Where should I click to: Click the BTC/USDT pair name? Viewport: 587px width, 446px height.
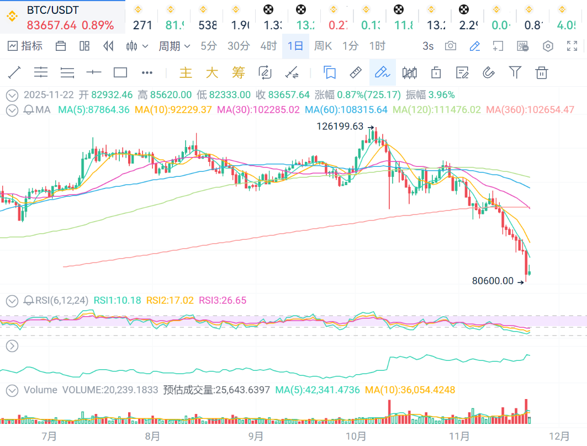point(52,10)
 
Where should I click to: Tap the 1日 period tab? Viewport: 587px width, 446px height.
point(295,46)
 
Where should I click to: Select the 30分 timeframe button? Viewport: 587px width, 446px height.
point(239,46)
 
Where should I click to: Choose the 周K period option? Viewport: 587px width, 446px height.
point(322,46)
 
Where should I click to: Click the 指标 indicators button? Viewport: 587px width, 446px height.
point(25,46)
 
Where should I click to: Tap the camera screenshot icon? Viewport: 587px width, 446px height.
point(451,46)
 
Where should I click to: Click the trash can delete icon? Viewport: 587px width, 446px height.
point(542,72)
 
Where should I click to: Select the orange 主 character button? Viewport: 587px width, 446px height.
point(186,72)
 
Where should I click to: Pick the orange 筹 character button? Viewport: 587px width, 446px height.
point(238,72)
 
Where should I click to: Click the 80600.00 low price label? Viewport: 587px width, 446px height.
point(493,281)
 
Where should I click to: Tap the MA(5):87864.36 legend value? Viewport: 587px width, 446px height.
point(94,110)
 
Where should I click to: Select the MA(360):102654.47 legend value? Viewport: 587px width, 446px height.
point(538,110)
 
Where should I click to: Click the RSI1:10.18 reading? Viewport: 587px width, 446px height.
point(117,301)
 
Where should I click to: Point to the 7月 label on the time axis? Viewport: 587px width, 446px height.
point(49,436)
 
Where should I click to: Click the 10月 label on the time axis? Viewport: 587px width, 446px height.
point(356,436)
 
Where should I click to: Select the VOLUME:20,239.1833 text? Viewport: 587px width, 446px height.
point(110,390)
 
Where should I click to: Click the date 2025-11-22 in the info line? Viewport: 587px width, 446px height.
point(49,95)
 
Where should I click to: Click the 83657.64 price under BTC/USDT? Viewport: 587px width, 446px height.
point(52,25)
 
